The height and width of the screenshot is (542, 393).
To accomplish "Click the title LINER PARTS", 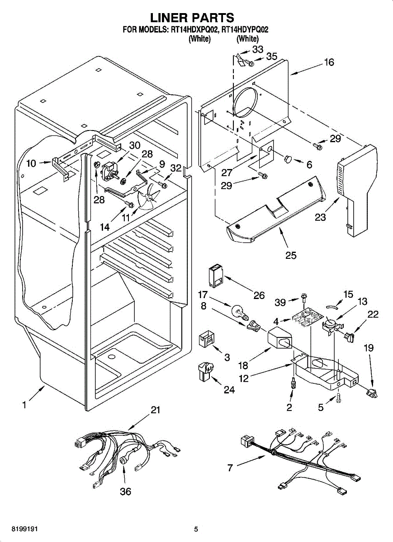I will pos(192,18).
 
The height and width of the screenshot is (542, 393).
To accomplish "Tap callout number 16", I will pos(329,62).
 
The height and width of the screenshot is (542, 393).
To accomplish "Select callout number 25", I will pos(291,255).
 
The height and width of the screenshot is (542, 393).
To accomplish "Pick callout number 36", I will pos(125,491).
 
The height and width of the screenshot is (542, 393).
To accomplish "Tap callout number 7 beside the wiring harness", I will pos(230,468).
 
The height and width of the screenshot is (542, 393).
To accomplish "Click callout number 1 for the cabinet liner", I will pos(24,405).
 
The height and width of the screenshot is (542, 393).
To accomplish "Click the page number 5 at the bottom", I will pos(196,529).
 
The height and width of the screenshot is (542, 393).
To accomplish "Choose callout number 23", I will pos(320,217).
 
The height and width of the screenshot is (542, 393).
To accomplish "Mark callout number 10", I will pos(31,164).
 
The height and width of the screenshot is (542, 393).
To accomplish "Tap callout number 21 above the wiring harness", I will pos(156,410).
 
